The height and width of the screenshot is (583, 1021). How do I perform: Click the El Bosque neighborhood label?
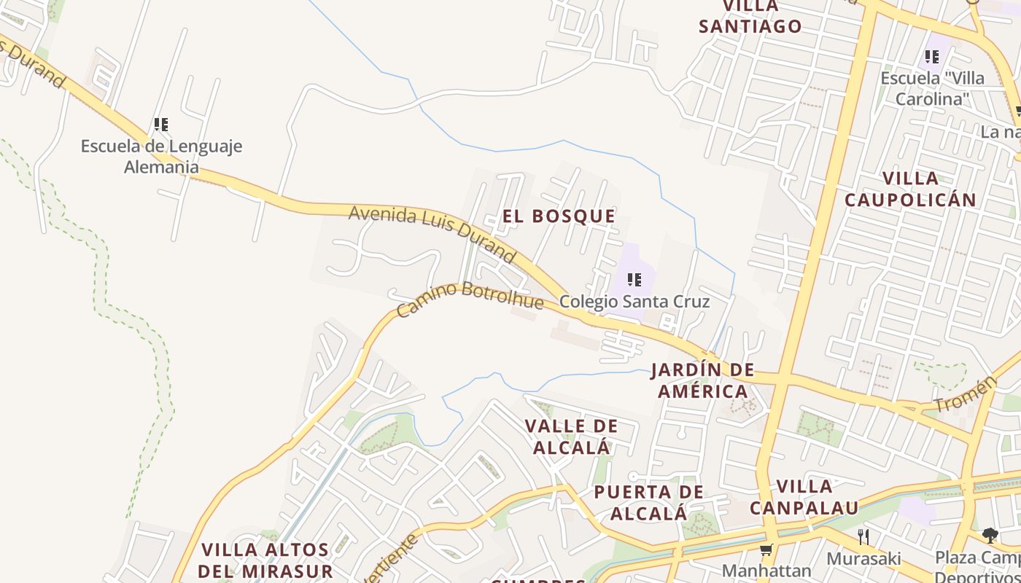(x=559, y=216)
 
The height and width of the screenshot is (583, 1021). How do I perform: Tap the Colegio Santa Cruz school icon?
(x=634, y=279)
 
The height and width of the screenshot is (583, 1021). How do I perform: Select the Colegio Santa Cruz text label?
(x=634, y=301)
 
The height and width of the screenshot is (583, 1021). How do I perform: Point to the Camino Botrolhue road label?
(x=470, y=297)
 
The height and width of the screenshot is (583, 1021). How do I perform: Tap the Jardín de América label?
(x=702, y=380)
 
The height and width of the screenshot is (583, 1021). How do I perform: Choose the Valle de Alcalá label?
(x=571, y=437)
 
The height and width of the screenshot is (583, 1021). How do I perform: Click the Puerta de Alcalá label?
(x=648, y=502)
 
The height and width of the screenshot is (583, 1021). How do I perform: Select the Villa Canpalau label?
(x=804, y=496)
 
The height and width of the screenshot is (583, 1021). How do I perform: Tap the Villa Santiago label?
(x=750, y=17)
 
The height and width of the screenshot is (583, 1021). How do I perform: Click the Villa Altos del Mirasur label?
(x=265, y=560)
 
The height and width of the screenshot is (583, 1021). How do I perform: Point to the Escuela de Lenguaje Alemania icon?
(x=161, y=125)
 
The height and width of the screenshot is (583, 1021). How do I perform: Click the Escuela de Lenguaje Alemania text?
(x=161, y=156)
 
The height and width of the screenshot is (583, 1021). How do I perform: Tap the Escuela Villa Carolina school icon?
(x=931, y=56)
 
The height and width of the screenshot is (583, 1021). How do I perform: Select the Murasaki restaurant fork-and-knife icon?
(x=863, y=537)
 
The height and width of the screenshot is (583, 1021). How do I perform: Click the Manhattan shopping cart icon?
(x=766, y=549)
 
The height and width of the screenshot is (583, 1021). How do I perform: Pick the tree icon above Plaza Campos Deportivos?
(x=990, y=536)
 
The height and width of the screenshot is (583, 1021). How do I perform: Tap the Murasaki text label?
(x=863, y=559)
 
